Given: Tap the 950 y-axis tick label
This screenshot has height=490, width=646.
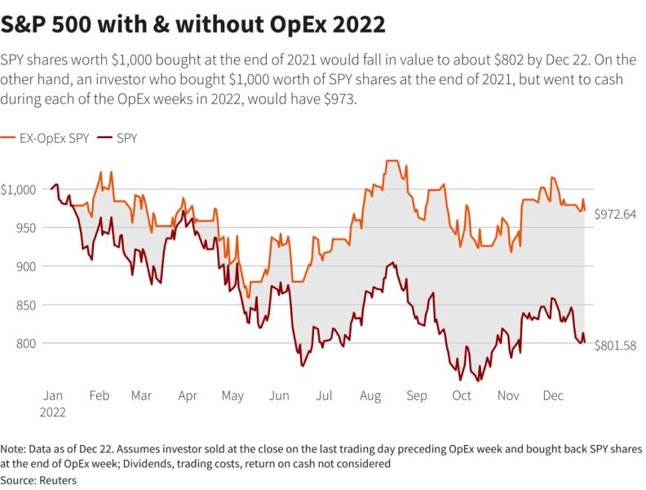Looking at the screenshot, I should point(26,228).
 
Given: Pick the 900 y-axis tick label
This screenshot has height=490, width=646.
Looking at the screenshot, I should point(26,266).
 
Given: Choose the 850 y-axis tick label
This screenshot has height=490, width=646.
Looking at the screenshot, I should point(26,305).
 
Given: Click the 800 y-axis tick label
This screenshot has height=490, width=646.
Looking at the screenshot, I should point(26,343).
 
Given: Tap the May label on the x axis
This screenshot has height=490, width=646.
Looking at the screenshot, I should point(232,395).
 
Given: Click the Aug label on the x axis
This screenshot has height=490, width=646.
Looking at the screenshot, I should point(371,395).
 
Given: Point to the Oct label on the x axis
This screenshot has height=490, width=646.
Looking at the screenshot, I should point(462,395).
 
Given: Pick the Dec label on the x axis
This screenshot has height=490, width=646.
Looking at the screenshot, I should point(555,395).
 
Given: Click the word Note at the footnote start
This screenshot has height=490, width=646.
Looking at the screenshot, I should point(15,450).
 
